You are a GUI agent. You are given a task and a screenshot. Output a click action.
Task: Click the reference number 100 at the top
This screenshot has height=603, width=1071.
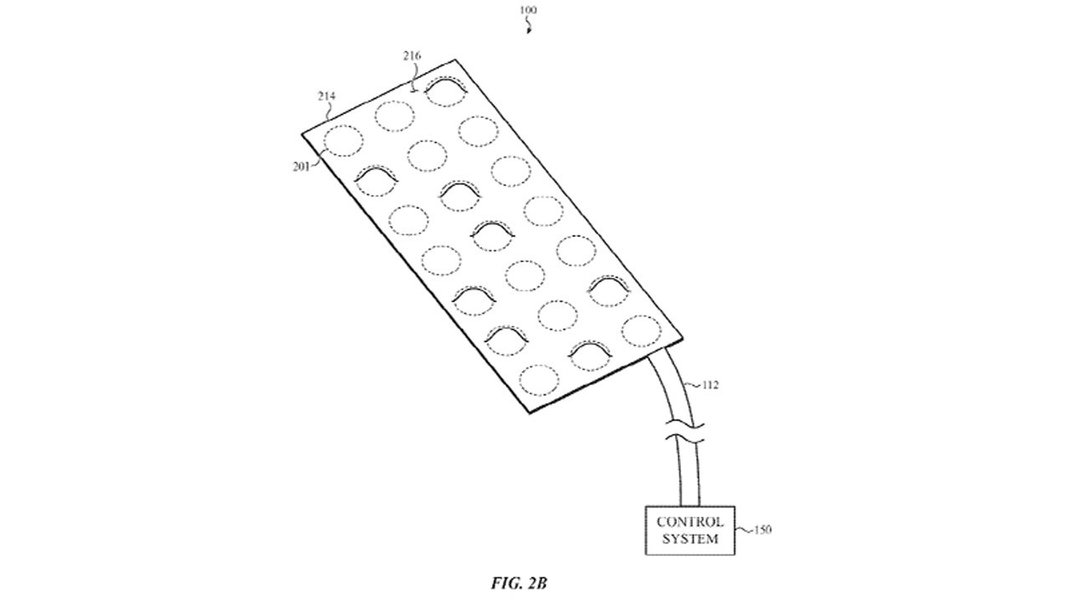pos(529,10)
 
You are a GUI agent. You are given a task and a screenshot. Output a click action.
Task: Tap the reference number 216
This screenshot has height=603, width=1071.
pos(412,56)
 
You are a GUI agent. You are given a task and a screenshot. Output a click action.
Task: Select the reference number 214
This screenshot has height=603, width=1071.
pos(325,97)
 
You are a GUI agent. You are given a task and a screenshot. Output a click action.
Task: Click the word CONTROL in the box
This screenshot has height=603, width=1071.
pos(690,521)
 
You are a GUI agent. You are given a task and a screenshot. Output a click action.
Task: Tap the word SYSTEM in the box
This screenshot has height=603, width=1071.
pos(690,539)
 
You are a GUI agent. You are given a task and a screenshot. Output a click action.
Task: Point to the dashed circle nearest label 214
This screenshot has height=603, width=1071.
pos(343,141)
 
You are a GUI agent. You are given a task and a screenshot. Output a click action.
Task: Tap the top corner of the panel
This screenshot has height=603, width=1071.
pos(455,59)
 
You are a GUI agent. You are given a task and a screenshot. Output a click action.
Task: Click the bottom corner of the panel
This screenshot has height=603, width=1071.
pos(526,412)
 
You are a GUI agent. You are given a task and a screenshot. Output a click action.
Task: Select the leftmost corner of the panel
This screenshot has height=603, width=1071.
pos(302,132)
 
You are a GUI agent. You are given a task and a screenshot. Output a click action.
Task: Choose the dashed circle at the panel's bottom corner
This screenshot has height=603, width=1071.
pos(538,379)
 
